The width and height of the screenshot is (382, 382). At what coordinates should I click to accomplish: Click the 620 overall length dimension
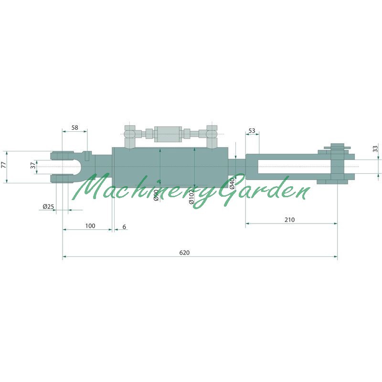(184, 253)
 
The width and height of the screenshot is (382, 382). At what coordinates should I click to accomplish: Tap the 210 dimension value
(289, 220)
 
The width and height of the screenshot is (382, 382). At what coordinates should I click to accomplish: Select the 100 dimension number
(90, 226)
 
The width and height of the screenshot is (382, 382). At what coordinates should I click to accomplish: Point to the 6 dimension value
(124, 227)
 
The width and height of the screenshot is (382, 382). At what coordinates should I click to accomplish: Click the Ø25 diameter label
(48, 207)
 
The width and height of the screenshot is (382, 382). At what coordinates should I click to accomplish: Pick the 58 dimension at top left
(75, 127)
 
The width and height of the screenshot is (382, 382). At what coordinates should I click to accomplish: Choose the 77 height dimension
(3, 165)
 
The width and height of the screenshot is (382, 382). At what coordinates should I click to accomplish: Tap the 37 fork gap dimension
(33, 166)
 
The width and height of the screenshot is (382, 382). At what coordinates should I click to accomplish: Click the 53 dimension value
(252, 130)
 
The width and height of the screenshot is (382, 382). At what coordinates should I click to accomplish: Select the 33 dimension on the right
(375, 149)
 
